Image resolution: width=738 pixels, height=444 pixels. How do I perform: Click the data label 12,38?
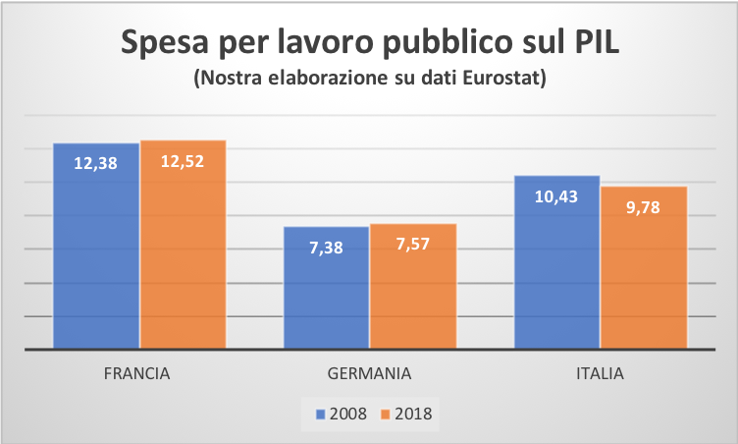pos(95,164)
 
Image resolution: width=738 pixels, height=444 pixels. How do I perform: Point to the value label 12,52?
pos(183,161)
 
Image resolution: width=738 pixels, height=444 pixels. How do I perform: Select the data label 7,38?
pos(326,248)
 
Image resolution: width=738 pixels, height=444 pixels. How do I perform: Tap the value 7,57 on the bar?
pos(412,245)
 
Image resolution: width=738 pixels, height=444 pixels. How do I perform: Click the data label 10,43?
pos(556,196)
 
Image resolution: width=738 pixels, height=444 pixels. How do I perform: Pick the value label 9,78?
pos(643,207)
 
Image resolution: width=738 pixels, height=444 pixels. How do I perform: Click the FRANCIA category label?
pos(138,374)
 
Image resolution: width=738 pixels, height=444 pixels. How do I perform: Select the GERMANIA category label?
pos(369,374)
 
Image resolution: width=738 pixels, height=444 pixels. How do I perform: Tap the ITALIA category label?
pos(600,374)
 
